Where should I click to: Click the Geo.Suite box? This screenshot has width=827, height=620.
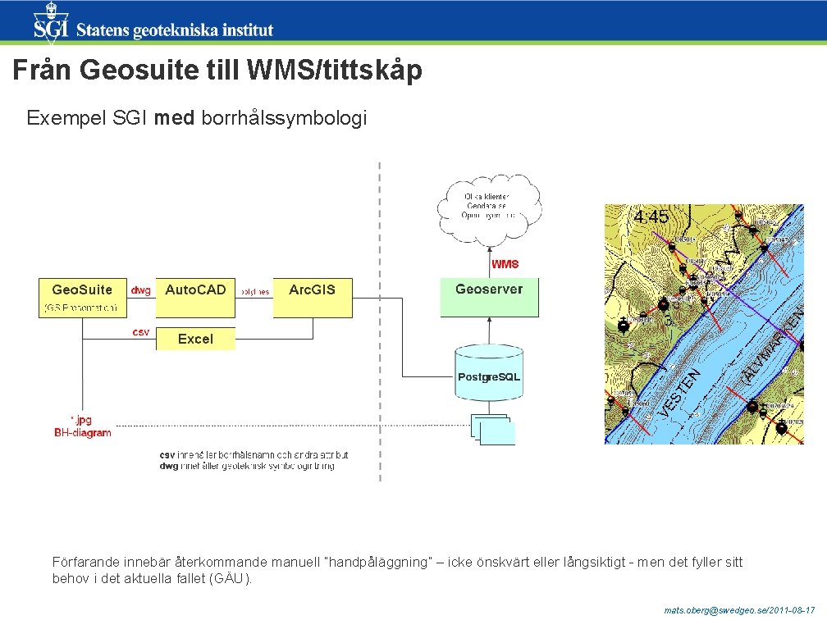[82, 298]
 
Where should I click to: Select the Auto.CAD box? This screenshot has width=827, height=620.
[194, 298]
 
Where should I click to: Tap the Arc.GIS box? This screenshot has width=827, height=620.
[312, 298]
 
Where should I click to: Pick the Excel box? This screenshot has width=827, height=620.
[194, 339]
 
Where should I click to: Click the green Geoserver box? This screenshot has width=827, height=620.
[489, 298]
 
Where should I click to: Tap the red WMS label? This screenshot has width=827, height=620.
[505, 264]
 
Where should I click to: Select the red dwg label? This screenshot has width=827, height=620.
[140, 289]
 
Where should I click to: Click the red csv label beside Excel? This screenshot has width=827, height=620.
[140, 331]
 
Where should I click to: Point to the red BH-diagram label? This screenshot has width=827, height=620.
[83, 433]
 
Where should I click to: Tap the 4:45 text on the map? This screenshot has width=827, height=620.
[651, 217]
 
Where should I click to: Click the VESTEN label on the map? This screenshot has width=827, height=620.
[679, 392]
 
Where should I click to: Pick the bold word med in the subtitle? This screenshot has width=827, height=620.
[174, 118]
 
